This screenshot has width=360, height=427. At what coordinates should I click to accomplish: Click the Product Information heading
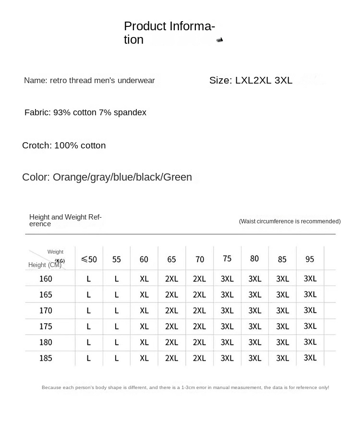[x=169, y=33]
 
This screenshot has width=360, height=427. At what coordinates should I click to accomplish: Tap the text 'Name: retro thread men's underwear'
[x=89, y=81]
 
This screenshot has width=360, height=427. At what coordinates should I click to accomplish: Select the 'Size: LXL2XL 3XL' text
[x=251, y=81]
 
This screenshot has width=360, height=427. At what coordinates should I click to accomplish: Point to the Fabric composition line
[x=85, y=112]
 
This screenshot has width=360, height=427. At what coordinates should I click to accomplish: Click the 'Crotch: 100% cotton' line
[x=64, y=146]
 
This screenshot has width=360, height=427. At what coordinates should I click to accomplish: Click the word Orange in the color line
[x=70, y=177]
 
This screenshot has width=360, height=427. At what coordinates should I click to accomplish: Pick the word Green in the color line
[x=178, y=177]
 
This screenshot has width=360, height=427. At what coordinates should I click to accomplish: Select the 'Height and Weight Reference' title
[x=65, y=220]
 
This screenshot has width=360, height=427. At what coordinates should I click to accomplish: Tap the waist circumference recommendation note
[x=289, y=221]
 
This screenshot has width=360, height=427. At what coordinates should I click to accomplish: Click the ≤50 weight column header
[x=89, y=259]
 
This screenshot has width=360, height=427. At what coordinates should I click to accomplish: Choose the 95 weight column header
[x=310, y=259]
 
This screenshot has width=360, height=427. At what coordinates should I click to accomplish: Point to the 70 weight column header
[x=200, y=259]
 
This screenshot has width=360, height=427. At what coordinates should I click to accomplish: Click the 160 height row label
[x=46, y=279]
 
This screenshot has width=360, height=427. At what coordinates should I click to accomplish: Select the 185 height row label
[x=46, y=358]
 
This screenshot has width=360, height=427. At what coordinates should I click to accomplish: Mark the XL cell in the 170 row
[x=144, y=311]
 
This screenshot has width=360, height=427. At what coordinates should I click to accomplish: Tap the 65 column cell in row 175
[x=171, y=327]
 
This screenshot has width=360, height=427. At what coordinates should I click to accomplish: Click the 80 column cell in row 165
[x=254, y=294]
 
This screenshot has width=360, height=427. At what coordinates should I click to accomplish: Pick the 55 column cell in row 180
[x=117, y=342]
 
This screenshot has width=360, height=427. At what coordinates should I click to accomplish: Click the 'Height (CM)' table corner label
[x=45, y=265]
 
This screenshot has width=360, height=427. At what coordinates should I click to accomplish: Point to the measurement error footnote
[x=185, y=388]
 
